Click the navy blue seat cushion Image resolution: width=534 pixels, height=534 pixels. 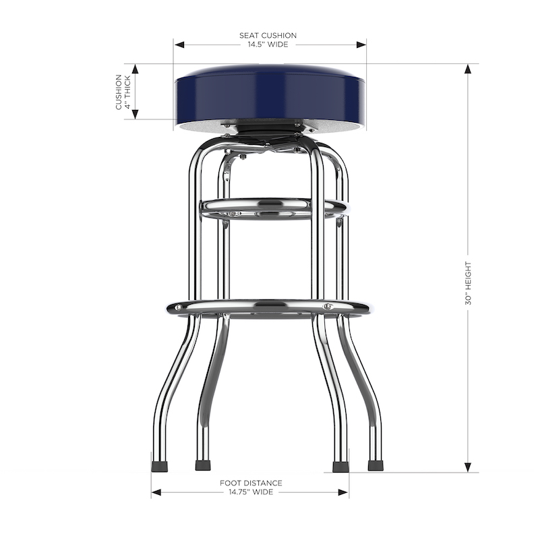(x=270, y=94)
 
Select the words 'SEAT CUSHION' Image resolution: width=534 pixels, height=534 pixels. (x=268, y=35)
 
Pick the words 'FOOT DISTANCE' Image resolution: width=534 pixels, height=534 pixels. (x=251, y=483)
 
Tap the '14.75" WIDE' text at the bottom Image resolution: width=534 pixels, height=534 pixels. (x=251, y=493)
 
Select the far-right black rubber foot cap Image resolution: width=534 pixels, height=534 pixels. (x=376, y=465)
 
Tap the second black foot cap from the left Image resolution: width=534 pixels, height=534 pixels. (x=202, y=465)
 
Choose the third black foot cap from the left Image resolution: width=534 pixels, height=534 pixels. (x=340, y=465)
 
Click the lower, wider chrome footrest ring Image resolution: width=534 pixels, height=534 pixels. (x=270, y=307)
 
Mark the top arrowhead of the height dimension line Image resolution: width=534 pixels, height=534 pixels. (x=467, y=67)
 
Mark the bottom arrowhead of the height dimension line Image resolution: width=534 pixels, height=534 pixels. (x=467, y=468)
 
